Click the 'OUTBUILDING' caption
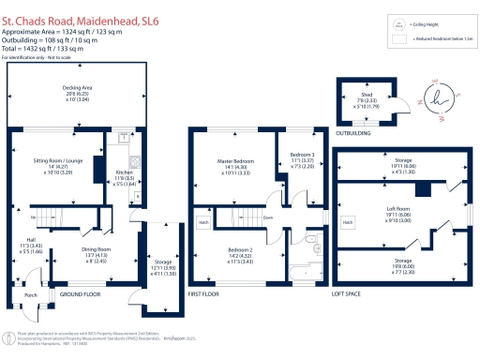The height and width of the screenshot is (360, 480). tap(353, 133)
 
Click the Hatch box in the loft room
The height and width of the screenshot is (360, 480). tap(348, 222)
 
